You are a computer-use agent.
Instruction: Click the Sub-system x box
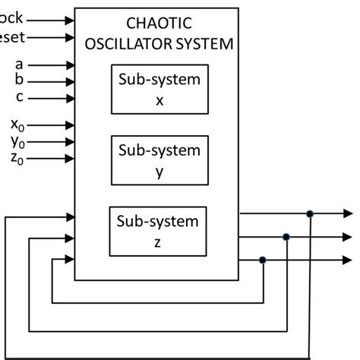[x=159, y=90]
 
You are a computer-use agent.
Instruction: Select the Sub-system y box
[x=159, y=160]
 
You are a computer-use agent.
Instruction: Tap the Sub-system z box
[x=158, y=231]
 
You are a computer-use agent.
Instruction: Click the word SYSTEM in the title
[x=206, y=43]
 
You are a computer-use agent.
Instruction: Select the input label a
[x=20, y=65]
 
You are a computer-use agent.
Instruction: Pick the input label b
[x=20, y=81]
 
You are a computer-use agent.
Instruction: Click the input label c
[x=20, y=96]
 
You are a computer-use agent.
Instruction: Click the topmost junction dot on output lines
[x=310, y=214]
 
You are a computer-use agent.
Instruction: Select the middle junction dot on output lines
[x=286, y=237]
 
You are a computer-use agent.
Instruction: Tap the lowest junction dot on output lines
[x=263, y=261]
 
